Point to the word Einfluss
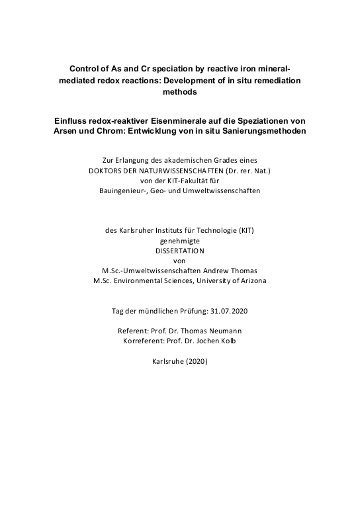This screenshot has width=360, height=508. tap(73, 121)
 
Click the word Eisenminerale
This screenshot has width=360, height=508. tap(194, 121)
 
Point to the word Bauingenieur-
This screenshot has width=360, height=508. tap(125, 191)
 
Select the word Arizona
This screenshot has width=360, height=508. tap(250, 280)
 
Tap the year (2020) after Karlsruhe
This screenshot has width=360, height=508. tap(197, 362)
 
